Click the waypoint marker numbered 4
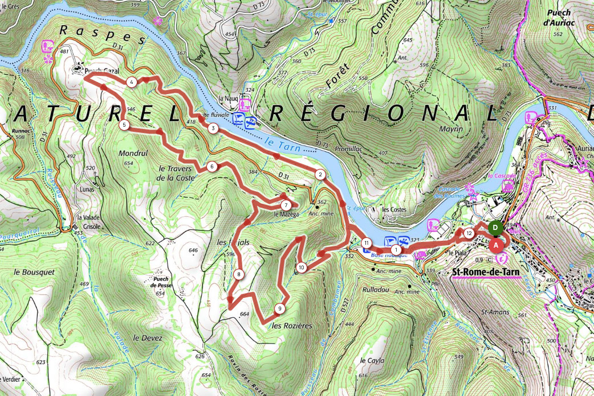click(132, 83)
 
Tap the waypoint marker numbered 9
click(279, 309)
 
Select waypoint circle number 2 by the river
click(320, 175)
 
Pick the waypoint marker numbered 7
click(285, 205)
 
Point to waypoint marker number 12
click(469, 233)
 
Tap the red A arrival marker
click(496, 244)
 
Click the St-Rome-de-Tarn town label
click(485, 273)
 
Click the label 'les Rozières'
click(292, 326)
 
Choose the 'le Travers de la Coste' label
click(177, 173)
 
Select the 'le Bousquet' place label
click(38, 272)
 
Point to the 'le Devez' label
click(148, 338)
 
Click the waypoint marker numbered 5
click(124, 124)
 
